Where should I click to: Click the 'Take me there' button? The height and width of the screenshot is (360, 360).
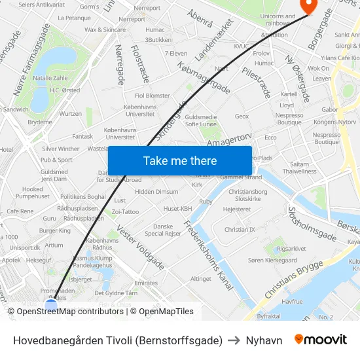click(x=180, y=160)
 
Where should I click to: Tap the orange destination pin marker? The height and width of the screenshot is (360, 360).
click(x=306, y=5)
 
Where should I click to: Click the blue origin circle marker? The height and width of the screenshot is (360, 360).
click(x=51, y=304)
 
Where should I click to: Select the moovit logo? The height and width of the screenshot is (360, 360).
click(x=321, y=340)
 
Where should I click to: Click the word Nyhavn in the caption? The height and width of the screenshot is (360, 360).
click(x=264, y=340)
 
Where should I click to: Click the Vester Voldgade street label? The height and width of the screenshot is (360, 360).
click(x=140, y=248)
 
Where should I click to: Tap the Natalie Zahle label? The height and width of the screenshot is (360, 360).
click(x=50, y=78)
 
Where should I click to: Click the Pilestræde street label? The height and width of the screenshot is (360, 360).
click(x=256, y=82)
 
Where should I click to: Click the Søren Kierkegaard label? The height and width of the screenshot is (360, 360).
click(x=273, y=261)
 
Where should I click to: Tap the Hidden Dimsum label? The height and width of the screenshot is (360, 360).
click(x=156, y=192)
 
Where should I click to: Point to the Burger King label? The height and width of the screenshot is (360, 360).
click(x=55, y=230)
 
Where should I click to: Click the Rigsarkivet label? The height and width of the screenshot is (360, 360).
click(x=291, y=249)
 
